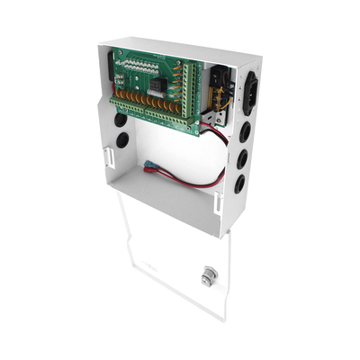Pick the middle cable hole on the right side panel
(x=242, y=163)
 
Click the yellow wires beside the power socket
(x=219, y=86)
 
